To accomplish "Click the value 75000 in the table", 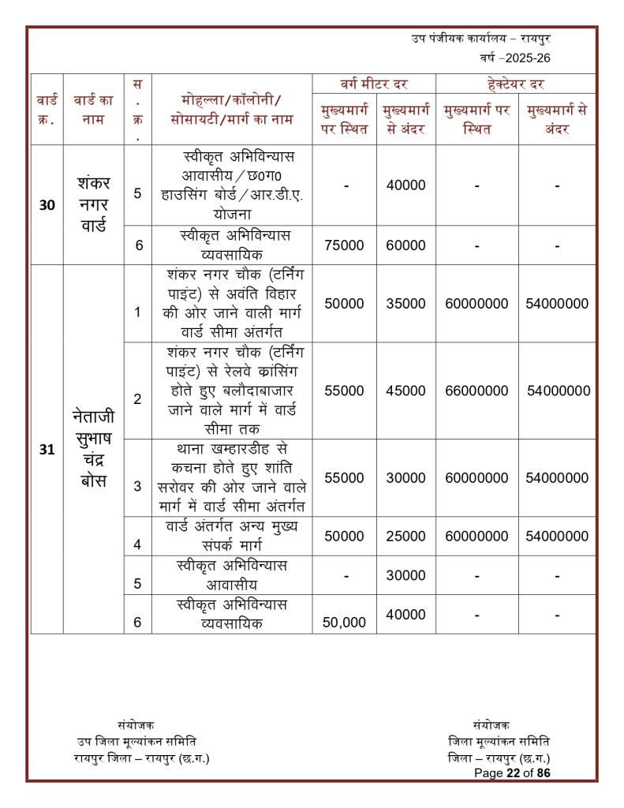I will click(x=344, y=245).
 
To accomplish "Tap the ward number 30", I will click(x=47, y=205).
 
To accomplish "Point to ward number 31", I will click(x=47, y=450).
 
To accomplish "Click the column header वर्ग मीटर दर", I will click(x=373, y=84).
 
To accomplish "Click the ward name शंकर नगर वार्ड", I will click(x=94, y=204).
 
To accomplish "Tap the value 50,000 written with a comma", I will click(x=344, y=623).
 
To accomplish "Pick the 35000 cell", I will click(x=405, y=304).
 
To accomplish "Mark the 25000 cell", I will click(x=405, y=537).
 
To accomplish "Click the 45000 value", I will click(x=405, y=391).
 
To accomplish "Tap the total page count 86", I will click(x=543, y=773).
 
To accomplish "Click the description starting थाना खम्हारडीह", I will click(x=232, y=477).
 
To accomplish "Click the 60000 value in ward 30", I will click(x=405, y=245).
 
